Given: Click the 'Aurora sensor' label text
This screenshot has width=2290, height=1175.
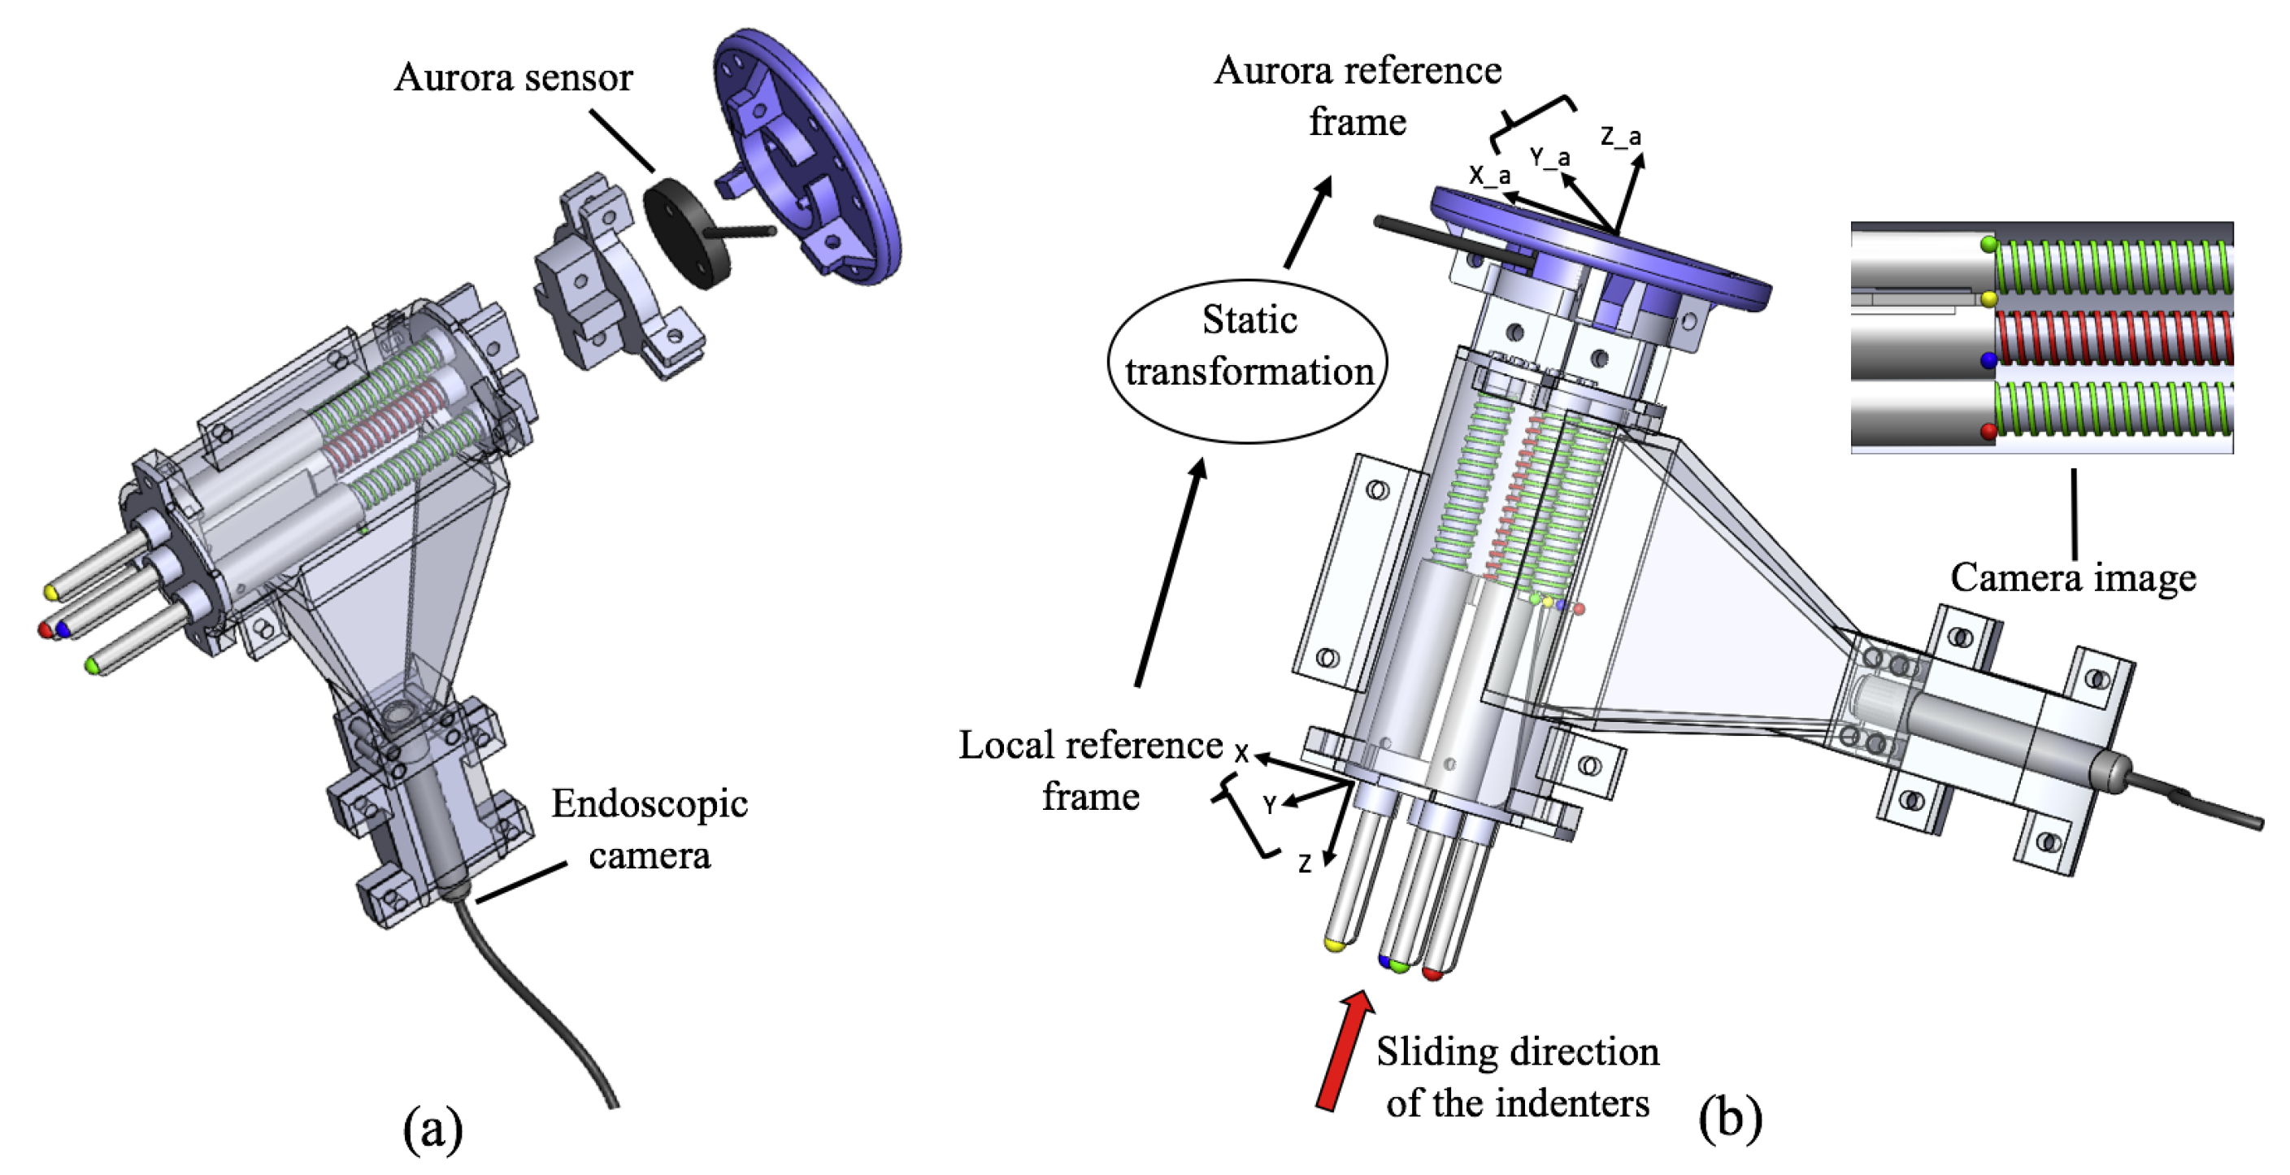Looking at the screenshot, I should point(513,77).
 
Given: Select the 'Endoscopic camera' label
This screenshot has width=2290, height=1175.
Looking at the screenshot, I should point(649,828).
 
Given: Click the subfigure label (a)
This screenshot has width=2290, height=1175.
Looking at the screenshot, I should point(433,1128).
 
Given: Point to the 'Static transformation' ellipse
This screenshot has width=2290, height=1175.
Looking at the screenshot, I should point(1248,359).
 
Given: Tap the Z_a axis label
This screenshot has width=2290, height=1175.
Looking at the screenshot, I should point(1621,136).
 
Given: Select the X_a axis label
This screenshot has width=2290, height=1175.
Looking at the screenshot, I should point(1489,175).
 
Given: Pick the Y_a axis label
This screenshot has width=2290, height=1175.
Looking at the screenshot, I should point(1549,158).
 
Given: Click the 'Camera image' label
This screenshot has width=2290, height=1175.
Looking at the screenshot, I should point(2073,577).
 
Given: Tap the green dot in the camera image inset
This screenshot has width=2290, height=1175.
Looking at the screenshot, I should point(1989,244).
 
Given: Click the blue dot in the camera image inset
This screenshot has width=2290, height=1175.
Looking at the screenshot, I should point(1989,360).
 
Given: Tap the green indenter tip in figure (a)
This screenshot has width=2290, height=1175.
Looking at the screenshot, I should point(92,664).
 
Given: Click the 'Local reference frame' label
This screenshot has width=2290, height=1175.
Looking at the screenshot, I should point(1091,770).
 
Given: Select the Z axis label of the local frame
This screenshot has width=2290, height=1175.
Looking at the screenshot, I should point(1304,864).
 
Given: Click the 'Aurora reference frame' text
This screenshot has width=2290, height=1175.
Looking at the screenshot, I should point(1358,95).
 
